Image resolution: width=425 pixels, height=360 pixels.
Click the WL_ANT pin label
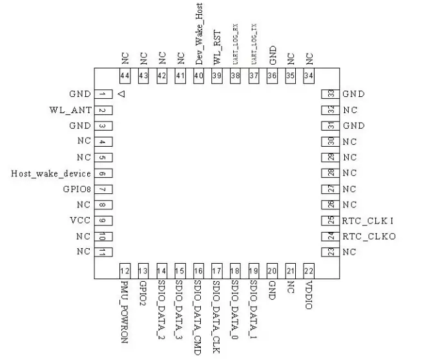point(70,110)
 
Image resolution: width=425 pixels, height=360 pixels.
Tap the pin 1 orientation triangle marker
point(121,94)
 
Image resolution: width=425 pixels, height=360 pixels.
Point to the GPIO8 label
point(77,189)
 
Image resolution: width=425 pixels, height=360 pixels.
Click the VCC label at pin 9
point(81,220)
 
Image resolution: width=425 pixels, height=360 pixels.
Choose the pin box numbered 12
point(125,271)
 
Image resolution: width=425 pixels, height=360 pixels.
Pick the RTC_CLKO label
point(369,237)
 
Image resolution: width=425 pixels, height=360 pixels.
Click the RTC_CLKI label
point(368,220)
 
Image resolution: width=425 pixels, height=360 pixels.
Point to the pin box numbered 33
point(330,94)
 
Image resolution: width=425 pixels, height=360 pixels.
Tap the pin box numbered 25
point(330,220)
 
